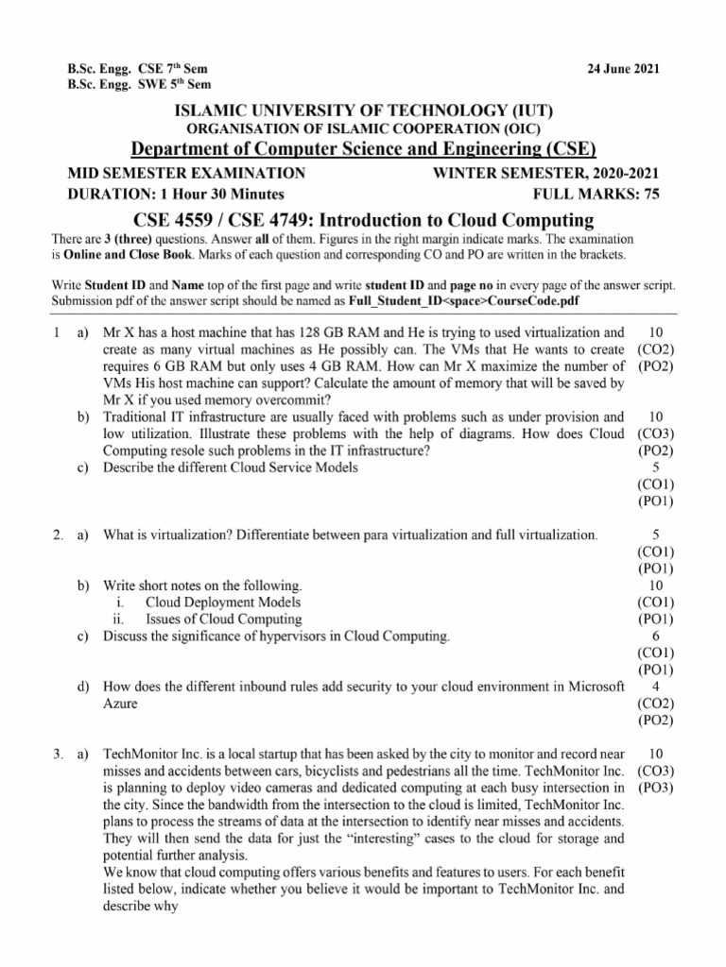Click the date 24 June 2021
point(623,69)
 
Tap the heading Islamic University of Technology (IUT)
point(363,110)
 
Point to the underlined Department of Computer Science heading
point(363,149)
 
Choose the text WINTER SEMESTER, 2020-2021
point(545,174)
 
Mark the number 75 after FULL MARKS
point(650,195)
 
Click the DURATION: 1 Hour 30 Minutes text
point(175,195)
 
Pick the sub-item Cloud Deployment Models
point(223,602)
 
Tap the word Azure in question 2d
point(120,704)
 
